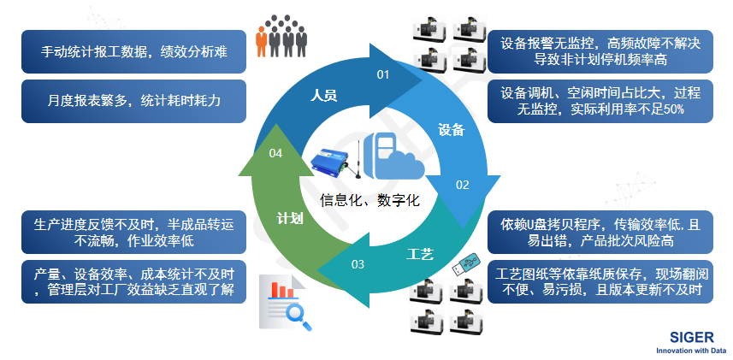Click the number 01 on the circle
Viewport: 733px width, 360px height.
[383, 74]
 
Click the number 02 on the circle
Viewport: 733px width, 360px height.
[462, 184]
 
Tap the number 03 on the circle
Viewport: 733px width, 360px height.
[358, 263]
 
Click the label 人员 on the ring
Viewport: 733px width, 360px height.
[324, 95]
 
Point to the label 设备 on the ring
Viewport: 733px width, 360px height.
[451, 129]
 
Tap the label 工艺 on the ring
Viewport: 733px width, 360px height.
[420, 254]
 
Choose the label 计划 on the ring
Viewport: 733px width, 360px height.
[291, 218]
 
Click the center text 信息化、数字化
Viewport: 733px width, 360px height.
[370, 201]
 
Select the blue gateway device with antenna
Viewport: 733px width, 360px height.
[329, 162]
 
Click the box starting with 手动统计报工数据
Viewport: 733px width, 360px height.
[134, 51]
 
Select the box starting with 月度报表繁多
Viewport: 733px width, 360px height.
[134, 100]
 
